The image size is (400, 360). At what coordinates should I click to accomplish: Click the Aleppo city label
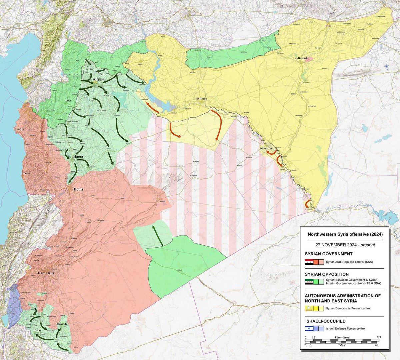pos(99,79)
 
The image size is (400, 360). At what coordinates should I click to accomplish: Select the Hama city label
pos(78,156)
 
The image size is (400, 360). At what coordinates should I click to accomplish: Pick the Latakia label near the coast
pos(19,129)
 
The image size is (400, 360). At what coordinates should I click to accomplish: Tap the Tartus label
pos(27,174)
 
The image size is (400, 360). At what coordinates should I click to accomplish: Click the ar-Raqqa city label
pos(202,99)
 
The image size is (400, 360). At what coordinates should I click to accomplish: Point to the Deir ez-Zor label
pos(267,149)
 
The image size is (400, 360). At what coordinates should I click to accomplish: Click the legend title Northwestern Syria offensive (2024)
pos(345,234)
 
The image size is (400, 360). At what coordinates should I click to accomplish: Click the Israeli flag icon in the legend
pos(309,329)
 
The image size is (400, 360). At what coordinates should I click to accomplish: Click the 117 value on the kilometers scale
pos(378,337)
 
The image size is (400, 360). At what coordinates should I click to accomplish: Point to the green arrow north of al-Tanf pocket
pos(158,235)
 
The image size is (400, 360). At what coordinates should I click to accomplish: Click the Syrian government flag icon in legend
pos(309,262)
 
